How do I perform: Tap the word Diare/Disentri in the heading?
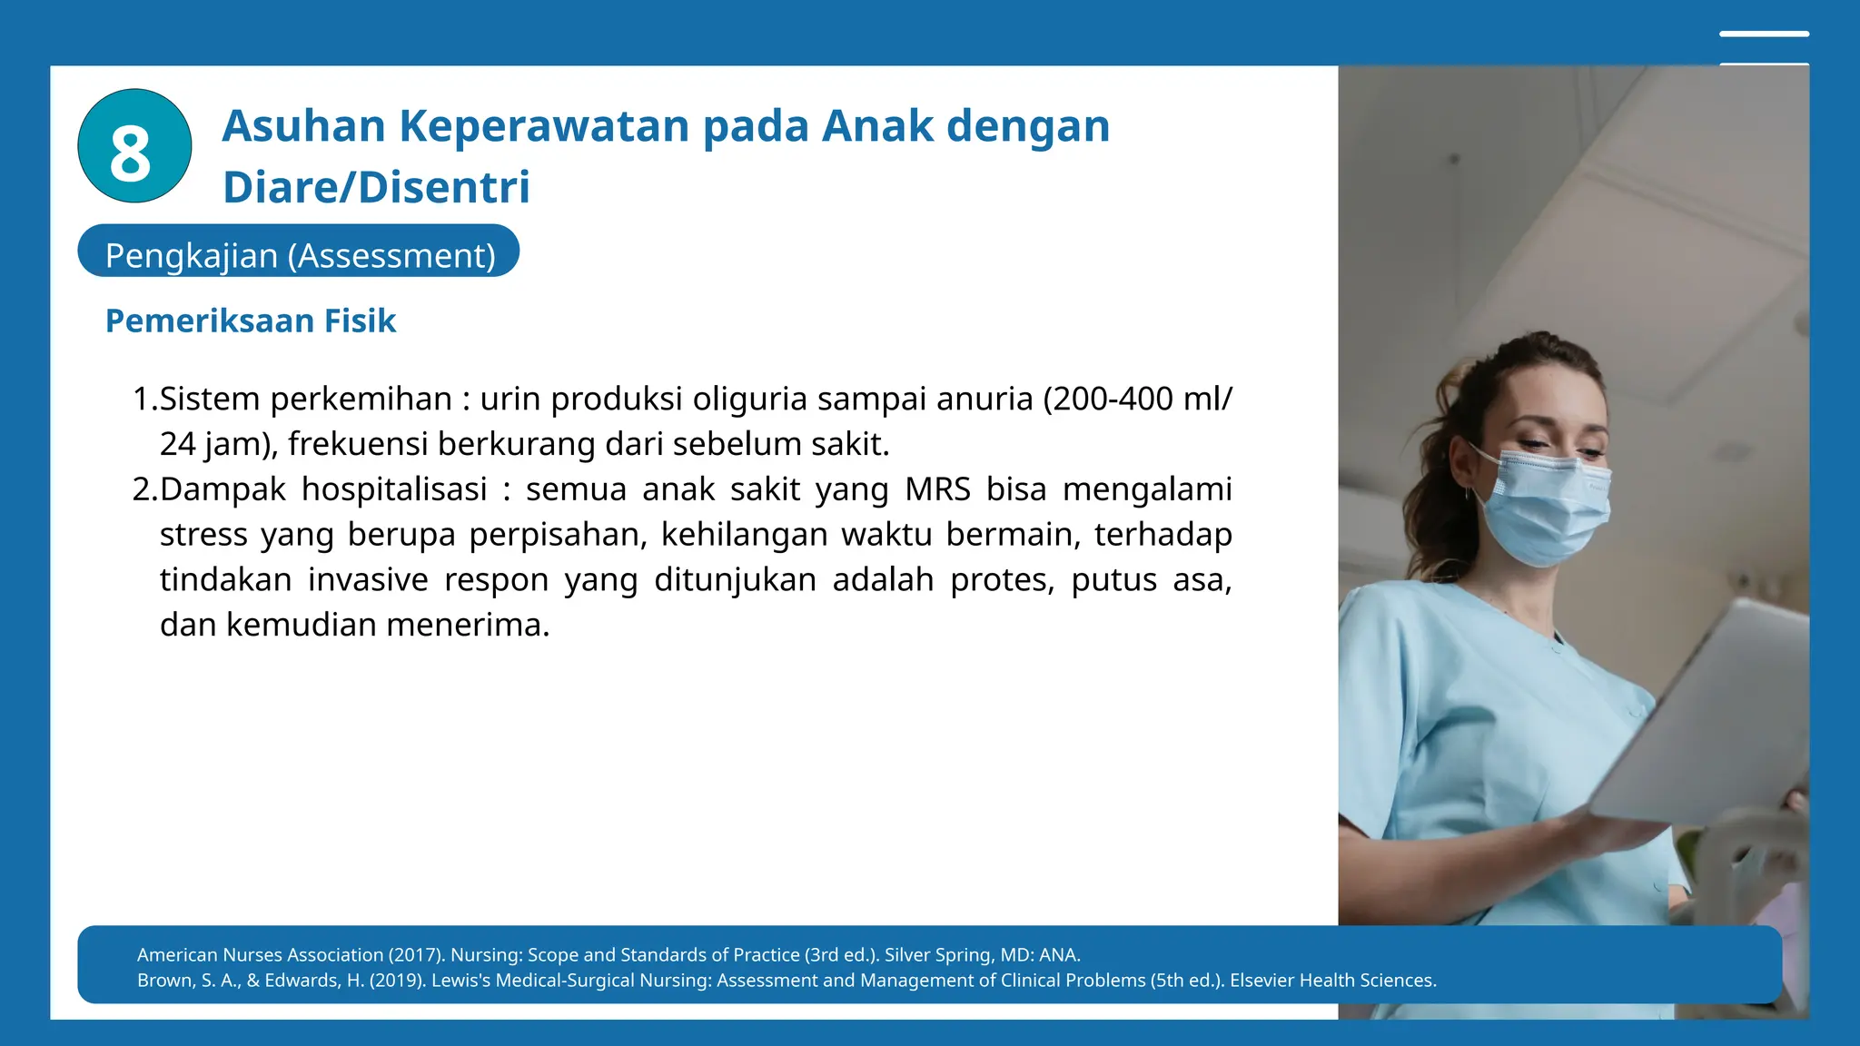pos(376,187)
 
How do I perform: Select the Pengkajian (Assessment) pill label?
pos(300,255)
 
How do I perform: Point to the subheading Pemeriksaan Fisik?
pos(251,321)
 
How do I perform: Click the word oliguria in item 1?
pos(749,399)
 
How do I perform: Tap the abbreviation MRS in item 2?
pos(938,489)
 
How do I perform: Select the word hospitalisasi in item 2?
pos(394,489)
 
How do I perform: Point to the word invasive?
pos(368,580)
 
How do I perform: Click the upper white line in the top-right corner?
pos(1764,35)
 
